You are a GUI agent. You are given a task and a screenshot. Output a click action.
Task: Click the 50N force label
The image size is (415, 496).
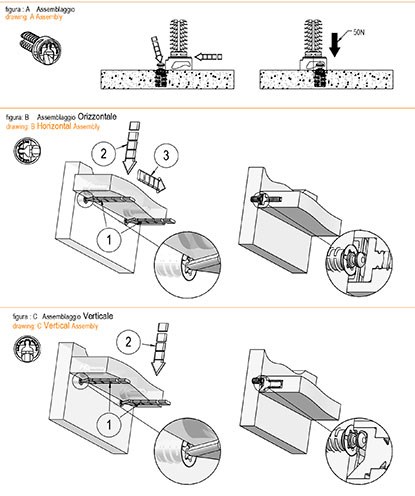point(359,33)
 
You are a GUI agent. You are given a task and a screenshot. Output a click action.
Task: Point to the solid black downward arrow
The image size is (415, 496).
point(335,45)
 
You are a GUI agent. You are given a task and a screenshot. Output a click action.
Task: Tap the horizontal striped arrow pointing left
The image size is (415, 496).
point(208,57)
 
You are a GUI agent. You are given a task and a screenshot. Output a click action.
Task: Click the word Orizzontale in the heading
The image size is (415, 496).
point(97,117)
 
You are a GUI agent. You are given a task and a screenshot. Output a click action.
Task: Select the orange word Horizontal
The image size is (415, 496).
point(54,126)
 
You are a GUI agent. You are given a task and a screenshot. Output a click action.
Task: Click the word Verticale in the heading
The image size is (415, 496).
point(98,316)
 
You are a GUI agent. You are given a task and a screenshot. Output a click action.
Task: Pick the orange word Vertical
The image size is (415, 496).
point(57,325)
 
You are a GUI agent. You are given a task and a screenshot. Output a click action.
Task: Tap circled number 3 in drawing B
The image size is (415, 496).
point(166,155)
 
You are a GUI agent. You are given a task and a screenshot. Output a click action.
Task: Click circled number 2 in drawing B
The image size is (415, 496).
point(103,153)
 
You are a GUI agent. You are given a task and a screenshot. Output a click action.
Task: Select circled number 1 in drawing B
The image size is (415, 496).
point(109,239)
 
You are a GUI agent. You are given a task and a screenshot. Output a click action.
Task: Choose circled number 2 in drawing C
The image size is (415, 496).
point(128,342)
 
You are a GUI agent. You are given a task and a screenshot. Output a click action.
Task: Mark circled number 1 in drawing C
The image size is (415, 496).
point(109,425)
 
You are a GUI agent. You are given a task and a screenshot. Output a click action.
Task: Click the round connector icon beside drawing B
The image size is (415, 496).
point(27,151)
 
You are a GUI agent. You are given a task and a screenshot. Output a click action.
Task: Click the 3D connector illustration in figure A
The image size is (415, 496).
point(41,47)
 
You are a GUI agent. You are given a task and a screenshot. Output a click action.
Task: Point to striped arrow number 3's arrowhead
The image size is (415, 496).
point(160,184)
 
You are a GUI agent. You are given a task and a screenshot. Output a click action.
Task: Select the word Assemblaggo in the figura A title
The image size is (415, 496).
point(55,9)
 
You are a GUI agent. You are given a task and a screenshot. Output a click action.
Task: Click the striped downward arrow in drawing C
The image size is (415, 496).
point(160,349)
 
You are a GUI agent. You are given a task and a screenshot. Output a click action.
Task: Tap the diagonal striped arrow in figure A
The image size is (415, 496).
point(157,49)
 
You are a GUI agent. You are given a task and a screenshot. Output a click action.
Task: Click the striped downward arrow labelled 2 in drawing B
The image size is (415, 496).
point(131,148)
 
